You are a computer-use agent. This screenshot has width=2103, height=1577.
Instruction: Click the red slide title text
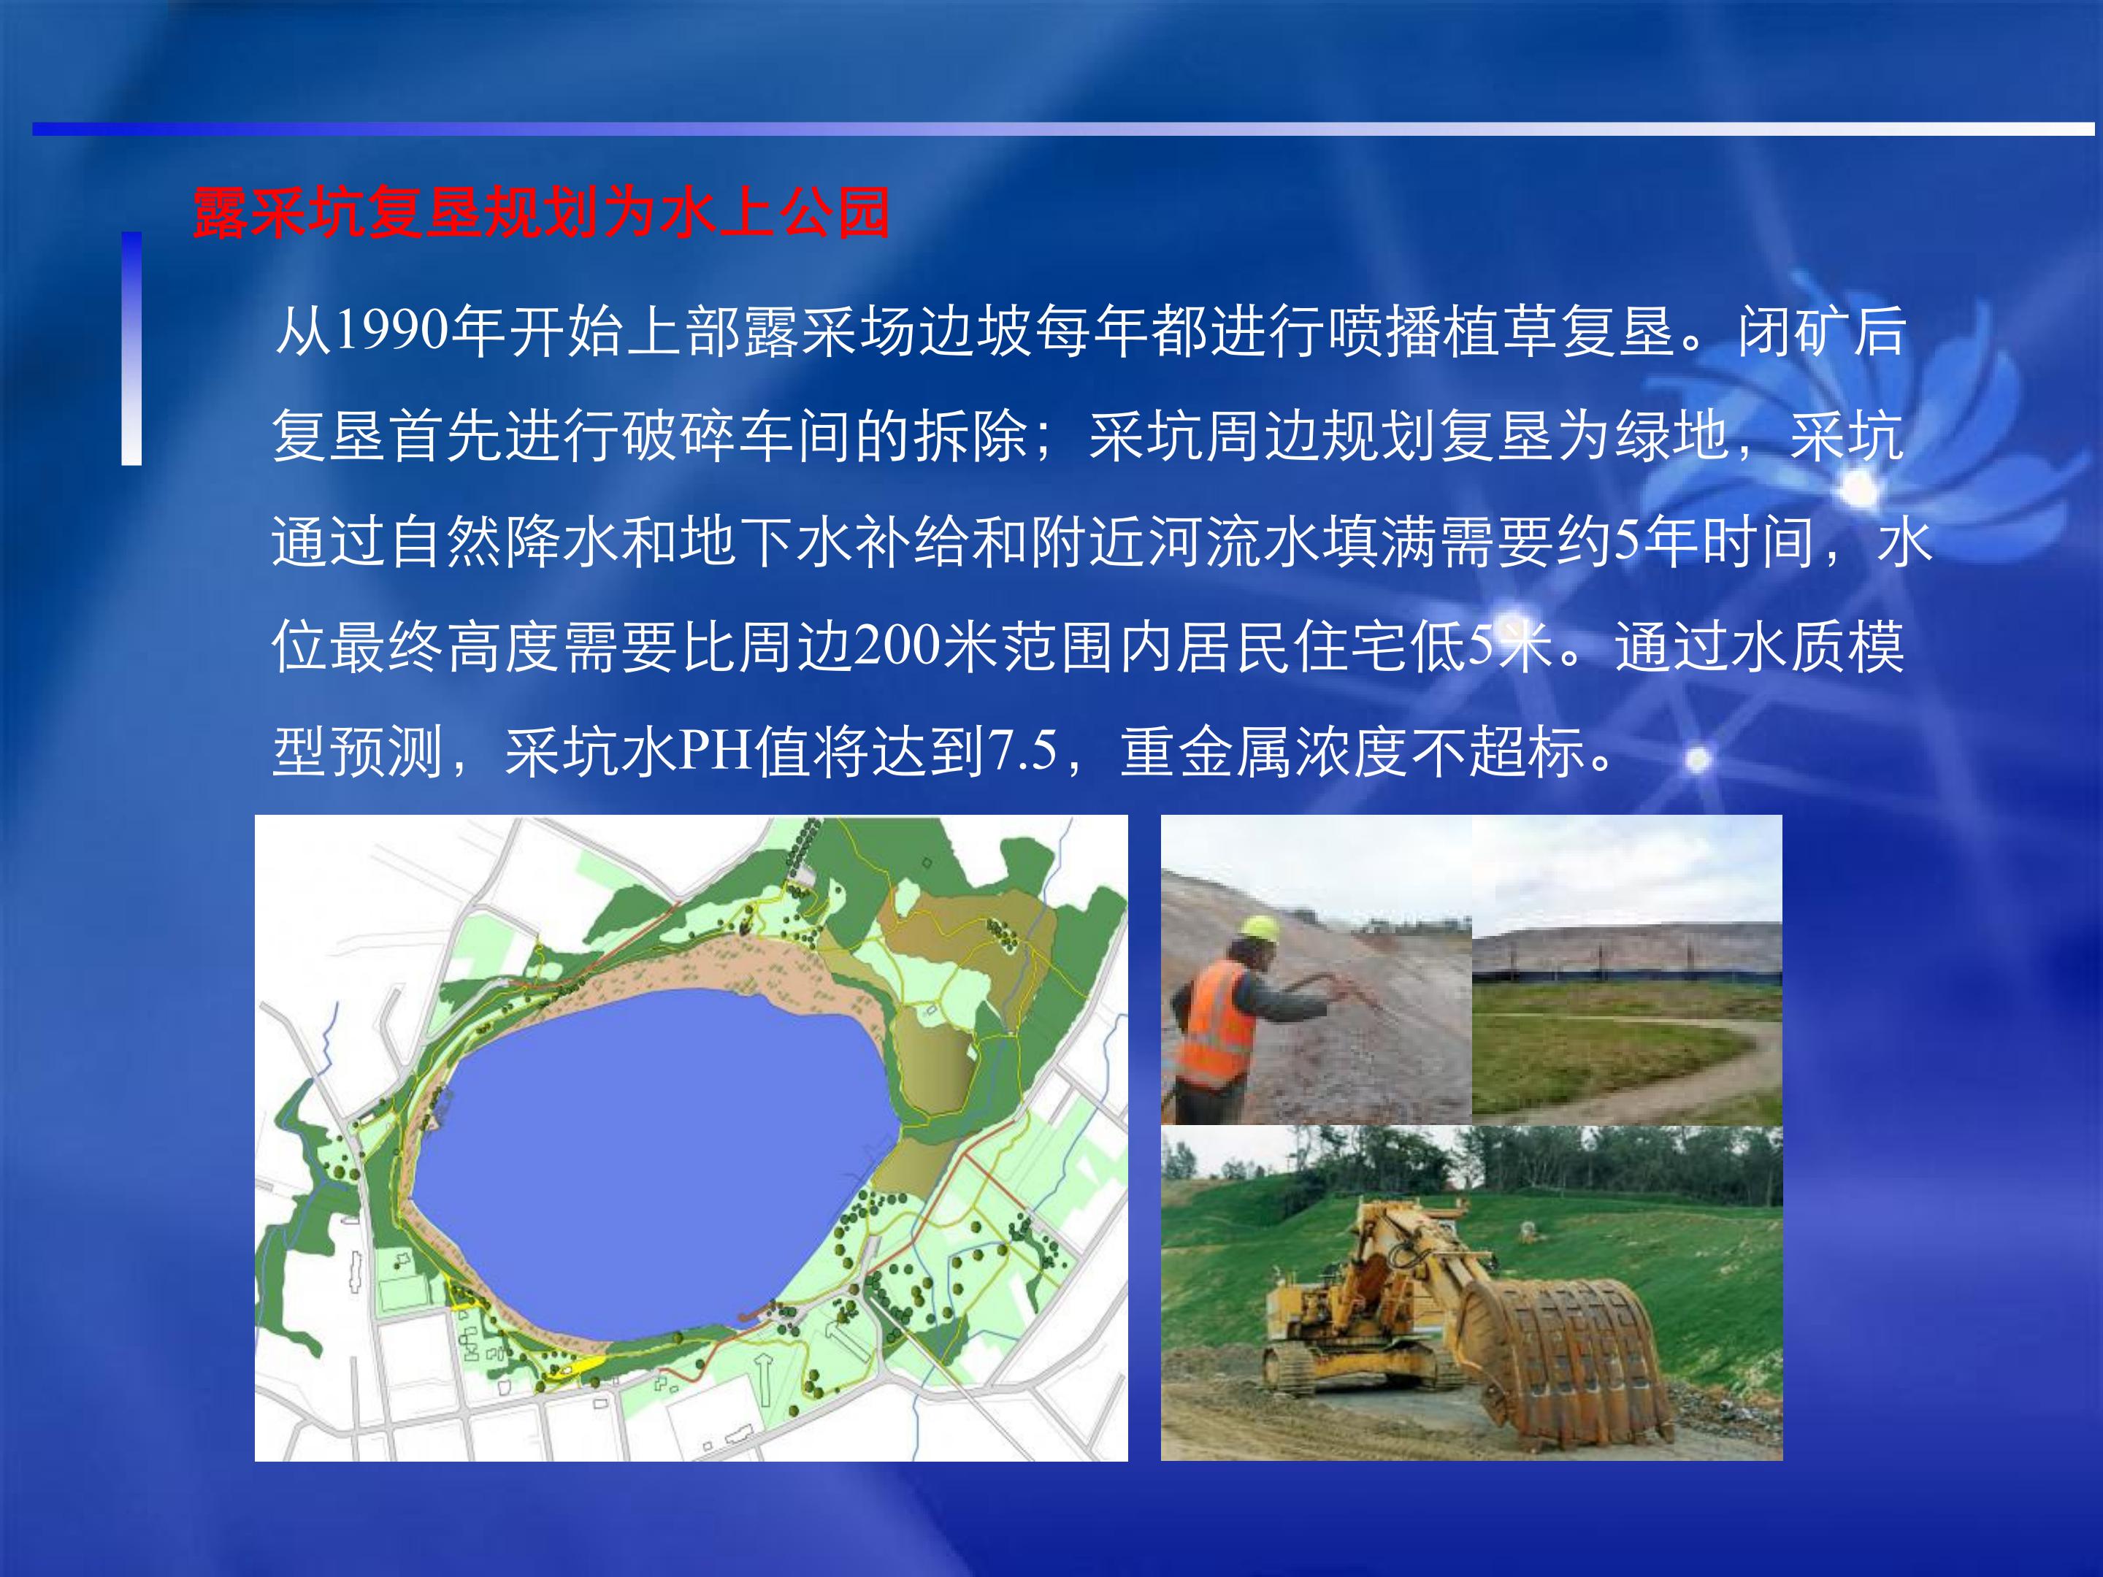(541, 213)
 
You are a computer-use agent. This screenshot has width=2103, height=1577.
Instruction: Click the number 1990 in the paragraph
(390, 331)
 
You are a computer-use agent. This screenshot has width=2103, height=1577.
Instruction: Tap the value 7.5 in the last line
(1023, 750)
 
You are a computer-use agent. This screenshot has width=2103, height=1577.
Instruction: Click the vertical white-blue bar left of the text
(131, 348)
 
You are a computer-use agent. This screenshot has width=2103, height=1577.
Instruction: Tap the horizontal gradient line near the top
(1064, 129)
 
